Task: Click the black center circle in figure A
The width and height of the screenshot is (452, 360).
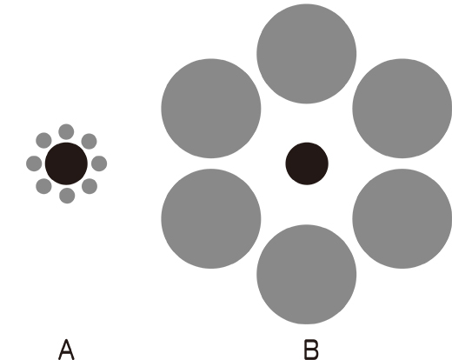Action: coord(66,163)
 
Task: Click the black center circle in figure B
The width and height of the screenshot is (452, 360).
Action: coord(307,163)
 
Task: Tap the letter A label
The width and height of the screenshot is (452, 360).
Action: coord(66,350)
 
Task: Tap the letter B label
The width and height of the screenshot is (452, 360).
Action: coord(311,350)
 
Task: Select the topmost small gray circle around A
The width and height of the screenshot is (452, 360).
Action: coord(66,132)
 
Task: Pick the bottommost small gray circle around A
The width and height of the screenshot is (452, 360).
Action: coord(67,196)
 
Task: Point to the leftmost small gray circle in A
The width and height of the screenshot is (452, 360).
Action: coord(34,163)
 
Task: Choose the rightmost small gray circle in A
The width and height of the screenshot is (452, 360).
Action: coord(99,163)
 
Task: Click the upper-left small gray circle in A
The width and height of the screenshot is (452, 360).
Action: coord(43,141)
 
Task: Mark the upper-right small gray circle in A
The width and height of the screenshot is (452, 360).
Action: coord(89,142)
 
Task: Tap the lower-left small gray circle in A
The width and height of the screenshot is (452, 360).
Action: coord(43,186)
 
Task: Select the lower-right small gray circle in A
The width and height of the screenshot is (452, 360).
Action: coord(90,186)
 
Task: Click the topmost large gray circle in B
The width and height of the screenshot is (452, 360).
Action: coord(307,54)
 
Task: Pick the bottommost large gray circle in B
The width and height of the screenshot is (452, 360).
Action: coord(307,274)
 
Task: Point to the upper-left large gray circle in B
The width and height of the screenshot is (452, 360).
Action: coord(211,109)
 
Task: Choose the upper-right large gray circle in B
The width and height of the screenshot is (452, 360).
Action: coord(402,109)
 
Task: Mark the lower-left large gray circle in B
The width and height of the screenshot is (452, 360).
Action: coord(211,218)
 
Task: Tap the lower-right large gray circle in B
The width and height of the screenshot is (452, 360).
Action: coord(402,218)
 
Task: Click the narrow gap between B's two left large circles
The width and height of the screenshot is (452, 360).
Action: coord(211,163)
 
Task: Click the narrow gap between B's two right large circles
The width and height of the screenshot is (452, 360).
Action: coord(402,163)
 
